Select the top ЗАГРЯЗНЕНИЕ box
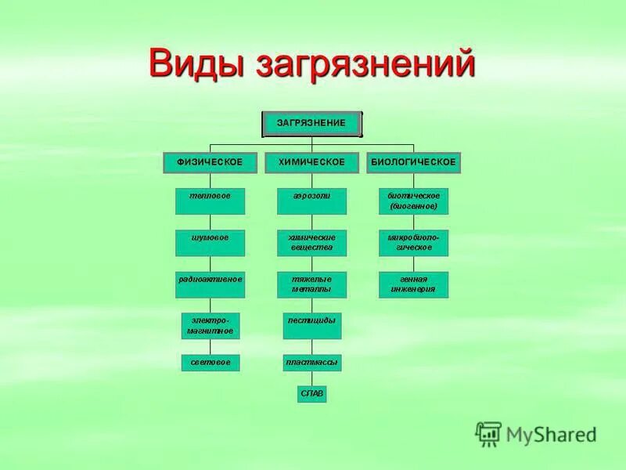(x=311, y=124)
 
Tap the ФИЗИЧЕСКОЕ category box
(x=210, y=162)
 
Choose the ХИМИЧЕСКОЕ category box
(x=311, y=162)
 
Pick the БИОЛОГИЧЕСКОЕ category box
(x=413, y=162)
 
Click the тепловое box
(x=210, y=201)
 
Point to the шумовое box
(x=210, y=243)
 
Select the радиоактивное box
(x=210, y=284)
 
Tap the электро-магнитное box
(x=210, y=326)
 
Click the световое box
(x=210, y=363)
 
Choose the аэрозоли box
(x=311, y=201)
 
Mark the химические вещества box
(x=311, y=243)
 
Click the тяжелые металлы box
(x=311, y=284)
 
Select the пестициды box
(x=311, y=326)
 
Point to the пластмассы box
(x=311, y=363)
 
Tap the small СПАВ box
(x=311, y=393)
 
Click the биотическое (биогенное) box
(x=413, y=201)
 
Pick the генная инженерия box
(x=413, y=284)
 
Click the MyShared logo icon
(x=489, y=433)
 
